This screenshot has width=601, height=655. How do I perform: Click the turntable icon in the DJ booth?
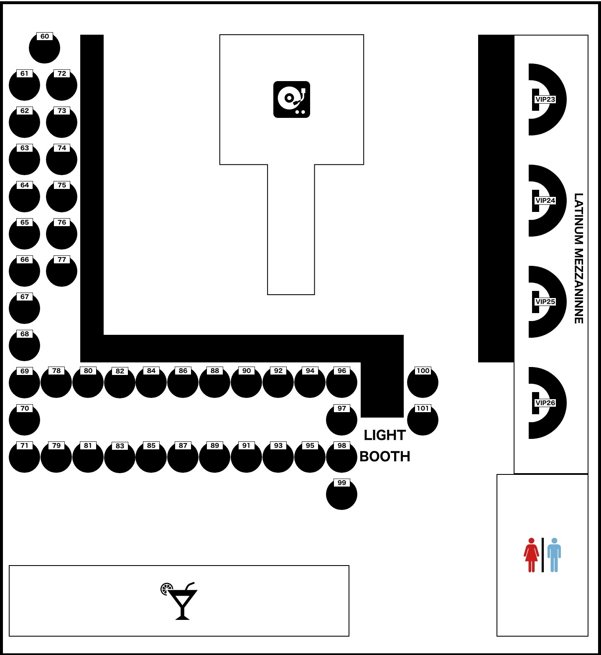coord(292,99)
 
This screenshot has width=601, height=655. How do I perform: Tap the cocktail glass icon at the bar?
coord(179,601)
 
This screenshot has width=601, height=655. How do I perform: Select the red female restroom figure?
coord(531,555)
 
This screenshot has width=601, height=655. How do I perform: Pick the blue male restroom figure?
coord(554,555)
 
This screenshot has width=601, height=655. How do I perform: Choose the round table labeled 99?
coord(341,494)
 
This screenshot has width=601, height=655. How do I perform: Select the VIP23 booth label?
coord(545,99)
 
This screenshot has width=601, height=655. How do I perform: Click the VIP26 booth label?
coord(545,403)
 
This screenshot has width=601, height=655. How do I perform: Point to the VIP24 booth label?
coord(545,201)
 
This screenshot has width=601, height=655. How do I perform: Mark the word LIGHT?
coord(385,435)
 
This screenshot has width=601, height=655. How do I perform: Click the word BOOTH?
coord(385,456)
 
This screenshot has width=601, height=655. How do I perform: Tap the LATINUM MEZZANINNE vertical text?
coord(578,258)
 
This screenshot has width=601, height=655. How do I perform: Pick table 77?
coord(61,271)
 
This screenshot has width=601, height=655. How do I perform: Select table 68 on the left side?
coord(24,345)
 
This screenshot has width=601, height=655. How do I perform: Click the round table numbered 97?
coord(341,420)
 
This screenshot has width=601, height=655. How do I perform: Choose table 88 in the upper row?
coord(214,382)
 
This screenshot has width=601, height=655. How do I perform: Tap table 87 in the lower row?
coord(183,457)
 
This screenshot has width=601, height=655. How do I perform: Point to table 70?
coord(24,420)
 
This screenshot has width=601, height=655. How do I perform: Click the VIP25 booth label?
coord(545,302)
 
